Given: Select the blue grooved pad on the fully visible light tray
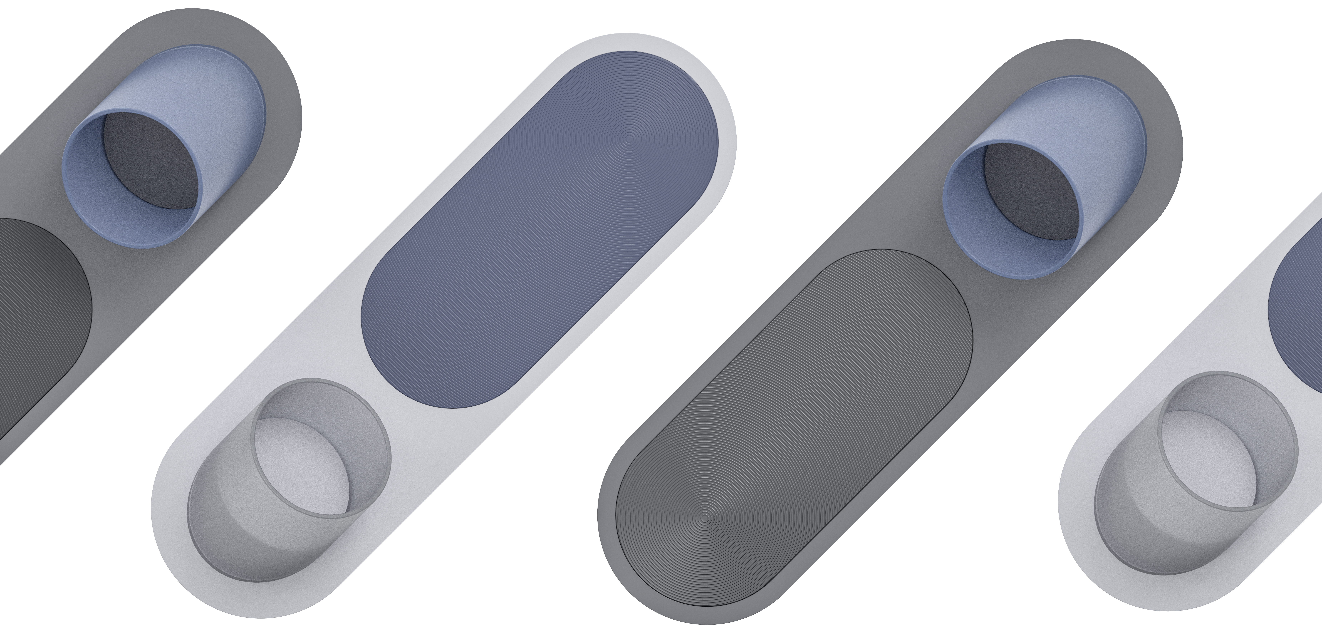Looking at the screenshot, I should pyautogui.click(x=539, y=231).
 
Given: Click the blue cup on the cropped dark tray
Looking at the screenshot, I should pyautogui.click(x=164, y=149).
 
